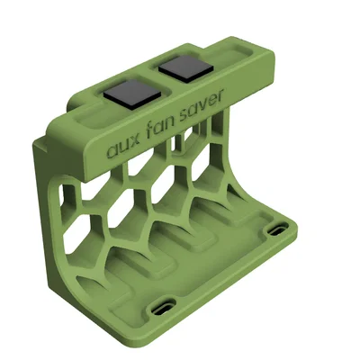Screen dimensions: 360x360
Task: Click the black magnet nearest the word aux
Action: coord(132,94)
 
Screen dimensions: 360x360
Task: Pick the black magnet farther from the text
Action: coord(186,68)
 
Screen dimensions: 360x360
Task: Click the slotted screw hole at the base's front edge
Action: coord(163,308)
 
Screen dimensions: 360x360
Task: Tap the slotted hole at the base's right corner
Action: coord(278,229)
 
